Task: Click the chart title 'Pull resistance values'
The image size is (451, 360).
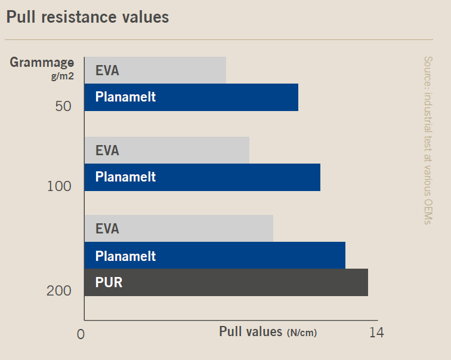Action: coord(88,17)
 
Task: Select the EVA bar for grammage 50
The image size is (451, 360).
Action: coord(155,70)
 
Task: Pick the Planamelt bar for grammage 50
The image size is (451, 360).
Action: coord(191,97)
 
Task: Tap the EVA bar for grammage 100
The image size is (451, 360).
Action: coord(166,150)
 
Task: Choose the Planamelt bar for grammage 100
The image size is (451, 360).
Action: coord(202,177)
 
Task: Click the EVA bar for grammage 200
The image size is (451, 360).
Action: coord(178,229)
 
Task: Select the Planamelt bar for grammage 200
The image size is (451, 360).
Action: coord(215,256)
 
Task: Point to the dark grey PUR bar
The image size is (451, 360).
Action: coord(226,282)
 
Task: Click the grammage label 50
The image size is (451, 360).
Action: coord(63,107)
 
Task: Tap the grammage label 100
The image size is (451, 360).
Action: coord(59,187)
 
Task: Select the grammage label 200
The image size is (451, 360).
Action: coord(59,291)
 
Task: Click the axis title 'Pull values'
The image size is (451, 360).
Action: coord(250,331)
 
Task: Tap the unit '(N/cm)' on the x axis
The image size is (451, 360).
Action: coord(302,333)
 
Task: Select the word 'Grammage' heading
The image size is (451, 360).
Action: coord(42,62)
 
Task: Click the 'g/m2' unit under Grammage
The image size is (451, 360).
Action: coord(62,76)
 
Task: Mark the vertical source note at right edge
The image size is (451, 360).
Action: coord(427,140)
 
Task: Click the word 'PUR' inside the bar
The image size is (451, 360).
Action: coord(109,282)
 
